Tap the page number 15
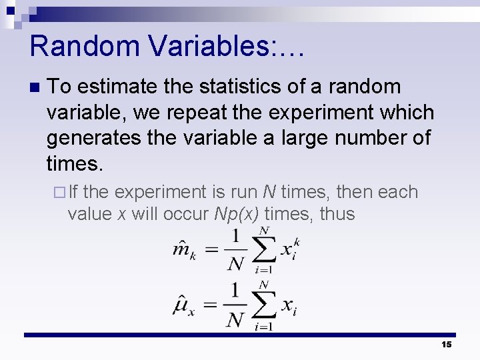(x=446, y=345)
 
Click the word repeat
(x=194, y=112)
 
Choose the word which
(x=406, y=112)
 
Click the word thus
(x=337, y=215)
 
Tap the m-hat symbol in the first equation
(x=183, y=251)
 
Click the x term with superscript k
(x=289, y=249)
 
